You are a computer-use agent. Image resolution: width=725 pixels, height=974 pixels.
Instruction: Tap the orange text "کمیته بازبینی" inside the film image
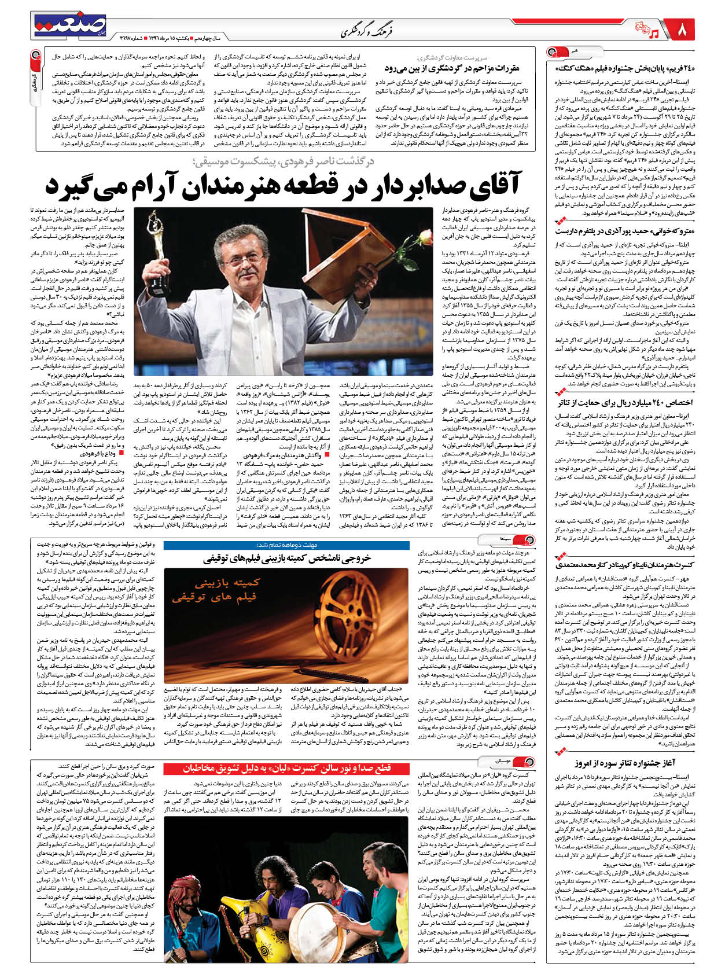[229, 583]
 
